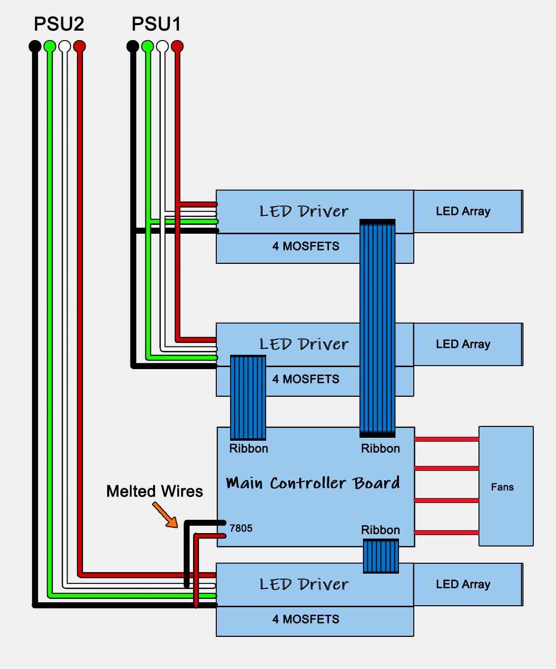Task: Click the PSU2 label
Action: click(59, 24)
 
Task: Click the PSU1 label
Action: click(157, 24)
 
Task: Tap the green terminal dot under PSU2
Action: click(50, 46)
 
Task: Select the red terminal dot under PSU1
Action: click(177, 46)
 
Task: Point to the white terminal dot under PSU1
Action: click(162, 46)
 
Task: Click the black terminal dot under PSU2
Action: click(35, 46)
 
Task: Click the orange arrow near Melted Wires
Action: click(165, 514)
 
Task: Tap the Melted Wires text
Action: click(155, 491)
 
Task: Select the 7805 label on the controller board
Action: click(241, 528)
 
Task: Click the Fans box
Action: click(506, 486)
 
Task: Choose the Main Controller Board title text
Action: click(313, 483)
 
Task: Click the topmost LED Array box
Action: click(468, 211)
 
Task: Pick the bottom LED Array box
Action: click(468, 585)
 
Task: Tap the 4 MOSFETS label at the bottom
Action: click(306, 619)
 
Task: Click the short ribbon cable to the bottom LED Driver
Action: click(381, 556)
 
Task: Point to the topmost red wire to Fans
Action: click(447, 439)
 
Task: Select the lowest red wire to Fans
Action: click(447, 533)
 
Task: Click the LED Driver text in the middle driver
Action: click(304, 344)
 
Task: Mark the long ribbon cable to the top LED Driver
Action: click(377, 328)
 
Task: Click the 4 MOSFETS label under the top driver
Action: click(306, 246)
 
